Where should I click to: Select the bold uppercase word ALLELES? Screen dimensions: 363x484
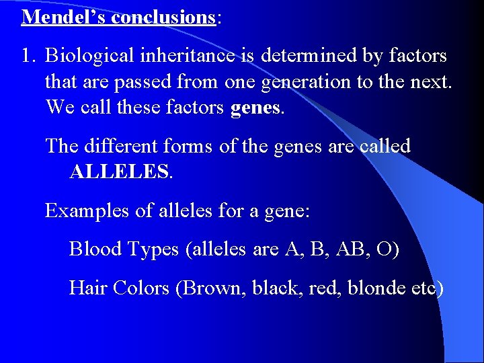click(x=120, y=172)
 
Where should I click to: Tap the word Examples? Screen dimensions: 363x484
click(x=87, y=210)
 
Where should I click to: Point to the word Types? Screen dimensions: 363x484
click(x=154, y=249)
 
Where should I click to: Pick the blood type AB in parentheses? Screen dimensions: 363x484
click(x=348, y=249)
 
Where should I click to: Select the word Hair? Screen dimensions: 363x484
click(x=87, y=288)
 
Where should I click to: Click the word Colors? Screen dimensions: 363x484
click(x=141, y=288)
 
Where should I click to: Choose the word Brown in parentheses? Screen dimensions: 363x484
click(x=213, y=288)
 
